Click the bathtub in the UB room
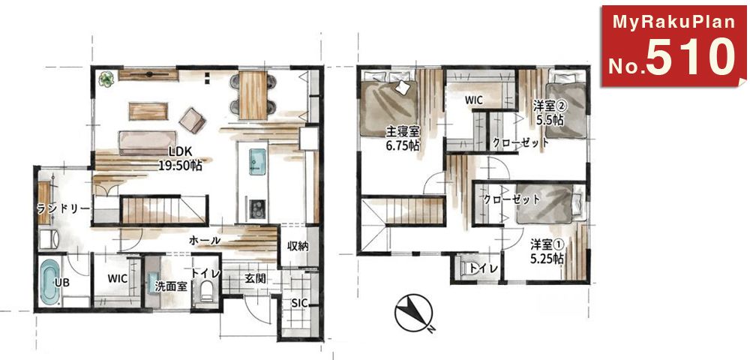tap(49, 283)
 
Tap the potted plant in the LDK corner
tap(106, 79)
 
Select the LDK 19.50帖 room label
tap(179, 158)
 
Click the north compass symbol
tap(413, 313)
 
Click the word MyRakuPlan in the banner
tap(673, 22)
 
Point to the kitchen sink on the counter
tap(256, 161)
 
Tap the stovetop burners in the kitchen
tap(257, 208)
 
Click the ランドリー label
tap(63, 209)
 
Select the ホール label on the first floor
tap(205, 241)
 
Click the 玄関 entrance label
tap(256, 277)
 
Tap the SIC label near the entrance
tap(299, 303)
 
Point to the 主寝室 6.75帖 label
tap(403, 139)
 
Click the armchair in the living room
tap(193, 119)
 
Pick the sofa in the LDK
tap(147, 142)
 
